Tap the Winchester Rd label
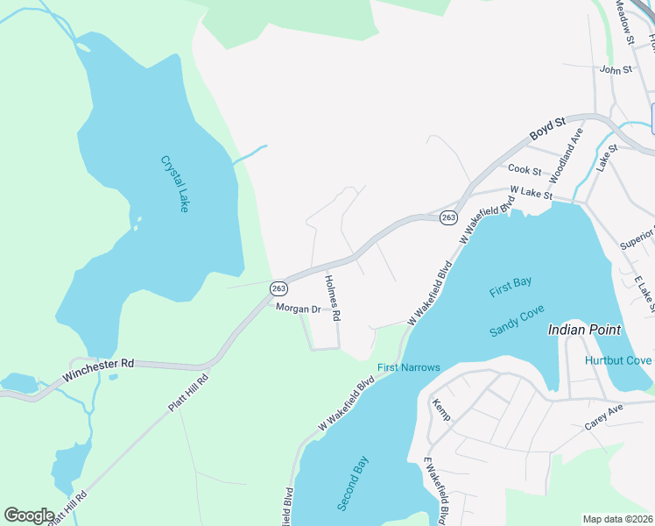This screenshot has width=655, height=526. coord(97,370)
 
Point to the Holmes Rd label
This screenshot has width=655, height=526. coord(332,299)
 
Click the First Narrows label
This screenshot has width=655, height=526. coord(408,367)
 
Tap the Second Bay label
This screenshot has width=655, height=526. coord(354,483)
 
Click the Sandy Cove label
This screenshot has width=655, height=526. coord(517,321)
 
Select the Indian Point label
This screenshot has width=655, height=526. coord(584,331)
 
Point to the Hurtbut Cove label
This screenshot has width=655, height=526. coord(617,360)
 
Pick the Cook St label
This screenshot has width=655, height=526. coord(525,169)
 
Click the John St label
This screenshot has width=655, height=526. coord(616,69)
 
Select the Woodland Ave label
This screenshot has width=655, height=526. coord(567,157)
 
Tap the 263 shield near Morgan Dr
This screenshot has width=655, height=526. coord(278,288)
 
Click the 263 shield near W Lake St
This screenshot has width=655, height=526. coord(448,217)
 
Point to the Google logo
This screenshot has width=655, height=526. coord(30,515)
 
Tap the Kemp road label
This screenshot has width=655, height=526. coord(440,409)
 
